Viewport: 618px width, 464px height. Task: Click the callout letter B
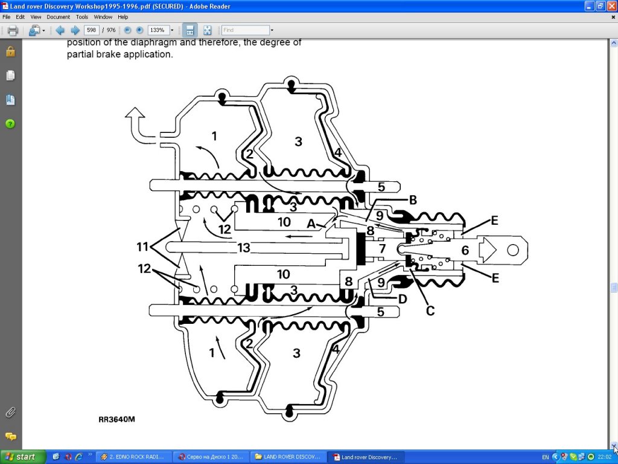coord(413,200)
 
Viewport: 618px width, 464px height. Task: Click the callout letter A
coord(311,223)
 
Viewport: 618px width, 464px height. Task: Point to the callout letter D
coord(402,298)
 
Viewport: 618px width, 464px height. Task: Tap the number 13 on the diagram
coord(243,248)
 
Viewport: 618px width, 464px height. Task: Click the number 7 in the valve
coord(382,248)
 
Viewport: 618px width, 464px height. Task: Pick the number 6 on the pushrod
coord(465,249)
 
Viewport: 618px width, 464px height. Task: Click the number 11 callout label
coord(142,247)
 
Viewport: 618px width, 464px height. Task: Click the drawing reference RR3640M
coord(117,419)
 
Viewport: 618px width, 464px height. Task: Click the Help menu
coord(123,17)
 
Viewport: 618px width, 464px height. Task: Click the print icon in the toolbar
coord(12,30)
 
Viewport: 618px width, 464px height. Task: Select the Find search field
coord(245,30)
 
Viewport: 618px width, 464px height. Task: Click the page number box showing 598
coord(92,30)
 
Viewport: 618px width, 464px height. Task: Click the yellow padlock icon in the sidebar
coord(10,51)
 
